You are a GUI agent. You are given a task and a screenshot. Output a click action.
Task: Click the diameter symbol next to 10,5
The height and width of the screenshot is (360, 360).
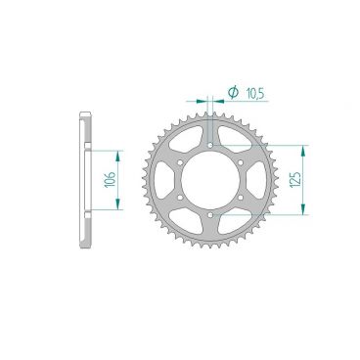tap(233, 93)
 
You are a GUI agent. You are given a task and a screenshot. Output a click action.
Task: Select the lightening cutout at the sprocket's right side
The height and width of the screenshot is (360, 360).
tap(259, 181)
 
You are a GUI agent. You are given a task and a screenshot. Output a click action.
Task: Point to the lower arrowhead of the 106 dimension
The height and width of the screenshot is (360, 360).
tap(118, 207)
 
